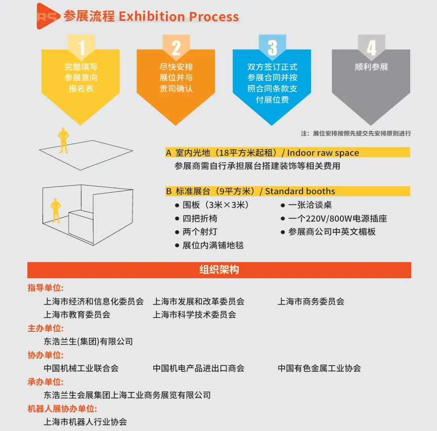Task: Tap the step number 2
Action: coord(176,48)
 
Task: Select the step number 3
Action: coord(272,48)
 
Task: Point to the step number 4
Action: coord(371,48)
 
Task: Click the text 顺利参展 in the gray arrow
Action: coord(371,67)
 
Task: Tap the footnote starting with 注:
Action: coord(356,134)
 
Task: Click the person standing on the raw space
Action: coord(63,140)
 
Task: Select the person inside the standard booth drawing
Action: coord(55,209)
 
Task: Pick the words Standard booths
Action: coord(300,191)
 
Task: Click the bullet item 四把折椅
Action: coord(200,219)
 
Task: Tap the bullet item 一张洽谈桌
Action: coord(310,205)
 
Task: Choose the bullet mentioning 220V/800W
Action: coord(337,219)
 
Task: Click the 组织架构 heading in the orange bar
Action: coord(219,270)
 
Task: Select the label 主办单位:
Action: coord(46,328)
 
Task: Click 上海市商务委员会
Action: coord(311,301)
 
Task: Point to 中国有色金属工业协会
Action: coord(319,368)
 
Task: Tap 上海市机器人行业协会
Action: coord(85,421)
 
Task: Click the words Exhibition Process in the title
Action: coord(179,16)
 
